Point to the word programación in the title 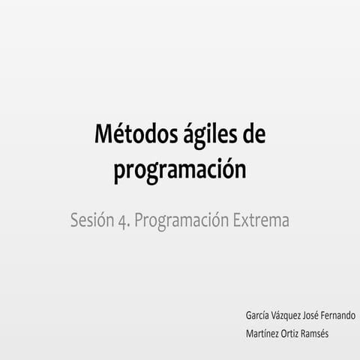180,170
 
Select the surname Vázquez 285,316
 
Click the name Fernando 340,315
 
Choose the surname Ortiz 293,333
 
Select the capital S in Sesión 73,221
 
